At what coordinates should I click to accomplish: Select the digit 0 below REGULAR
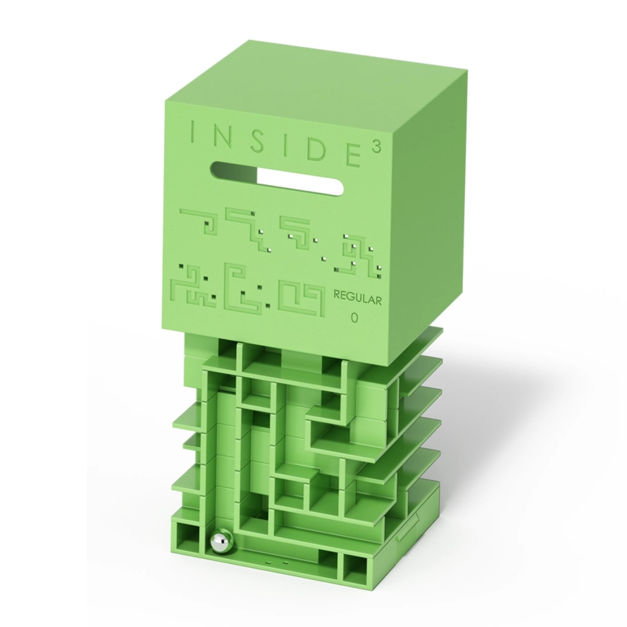[354, 318]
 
